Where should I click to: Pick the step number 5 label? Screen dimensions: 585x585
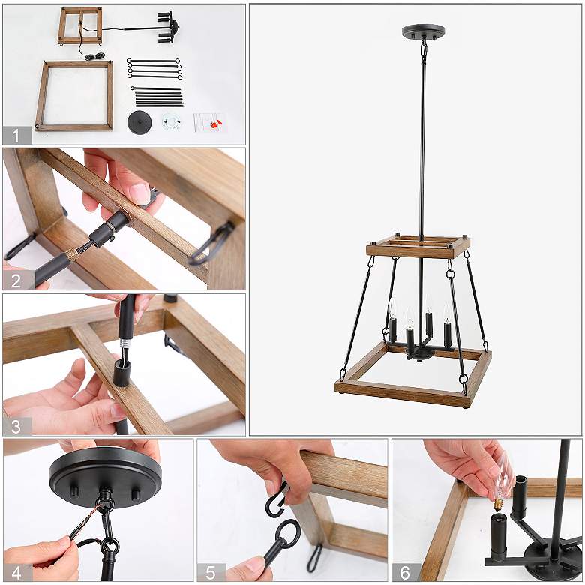tap(211, 571)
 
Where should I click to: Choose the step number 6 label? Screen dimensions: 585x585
tap(405, 571)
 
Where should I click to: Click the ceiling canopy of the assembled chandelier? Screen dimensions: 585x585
tap(423, 32)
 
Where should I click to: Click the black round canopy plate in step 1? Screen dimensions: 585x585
tap(139, 122)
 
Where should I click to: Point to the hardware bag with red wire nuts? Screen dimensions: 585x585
tap(209, 122)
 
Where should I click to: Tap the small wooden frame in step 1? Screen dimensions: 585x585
tap(80, 25)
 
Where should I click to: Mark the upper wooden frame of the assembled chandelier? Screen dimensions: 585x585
tap(418, 247)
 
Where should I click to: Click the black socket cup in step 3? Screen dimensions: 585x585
tap(122, 372)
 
